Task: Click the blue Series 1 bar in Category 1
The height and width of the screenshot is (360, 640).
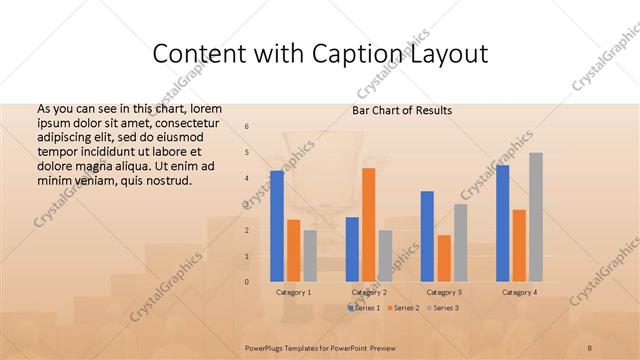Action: [277, 226]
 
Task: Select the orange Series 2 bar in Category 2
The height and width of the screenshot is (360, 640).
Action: [368, 225]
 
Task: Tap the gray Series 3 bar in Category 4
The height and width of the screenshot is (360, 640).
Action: [536, 217]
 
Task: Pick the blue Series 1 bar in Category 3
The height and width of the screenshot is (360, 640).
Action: [427, 236]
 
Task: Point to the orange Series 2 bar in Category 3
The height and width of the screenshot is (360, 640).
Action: [443, 258]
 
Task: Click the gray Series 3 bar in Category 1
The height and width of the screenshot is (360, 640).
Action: [310, 256]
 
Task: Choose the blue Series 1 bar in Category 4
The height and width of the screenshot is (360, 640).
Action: [503, 223]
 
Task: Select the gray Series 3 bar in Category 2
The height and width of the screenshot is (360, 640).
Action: [385, 256]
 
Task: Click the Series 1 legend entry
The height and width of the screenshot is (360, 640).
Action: [364, 308]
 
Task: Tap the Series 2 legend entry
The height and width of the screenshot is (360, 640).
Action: [403, 308]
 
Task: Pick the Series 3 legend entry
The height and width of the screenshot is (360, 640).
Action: [442, 308]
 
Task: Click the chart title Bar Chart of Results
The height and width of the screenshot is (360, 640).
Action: [402, 110]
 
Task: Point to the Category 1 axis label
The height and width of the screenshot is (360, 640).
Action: [293, 292]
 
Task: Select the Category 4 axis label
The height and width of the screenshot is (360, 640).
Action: [519, 292]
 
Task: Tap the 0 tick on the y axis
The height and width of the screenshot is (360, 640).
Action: [247, 282]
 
